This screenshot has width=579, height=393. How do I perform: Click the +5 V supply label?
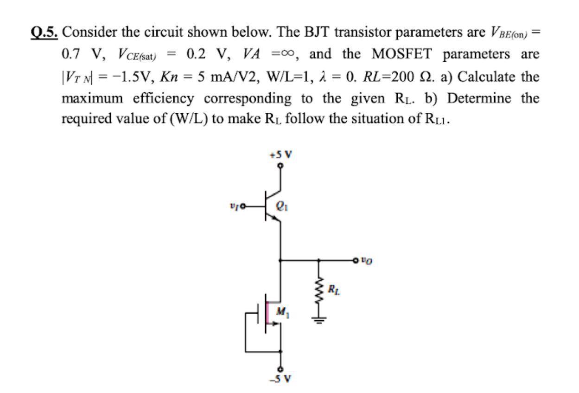click(280, 155)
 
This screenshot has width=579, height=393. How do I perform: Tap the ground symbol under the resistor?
click(318, 320)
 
